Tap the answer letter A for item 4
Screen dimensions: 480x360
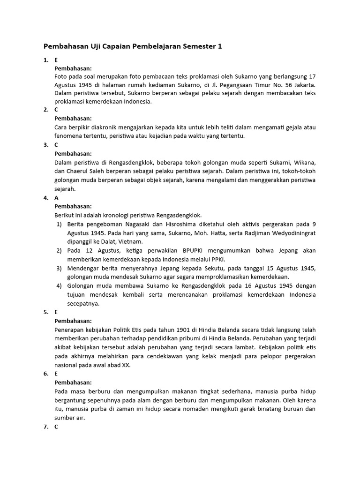pyautogui.click(x=57, y=198)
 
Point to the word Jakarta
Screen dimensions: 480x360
pyautogui.click(x=303, y=84)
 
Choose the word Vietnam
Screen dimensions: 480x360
pyautogui.click(x=129, y=242)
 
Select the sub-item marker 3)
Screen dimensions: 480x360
pyautogui.click(x=60, y=268)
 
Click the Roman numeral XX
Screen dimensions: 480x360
pyautogui.click(x=124, y=365)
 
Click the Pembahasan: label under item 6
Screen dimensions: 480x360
pyautogui.click(x=73, y=382)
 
